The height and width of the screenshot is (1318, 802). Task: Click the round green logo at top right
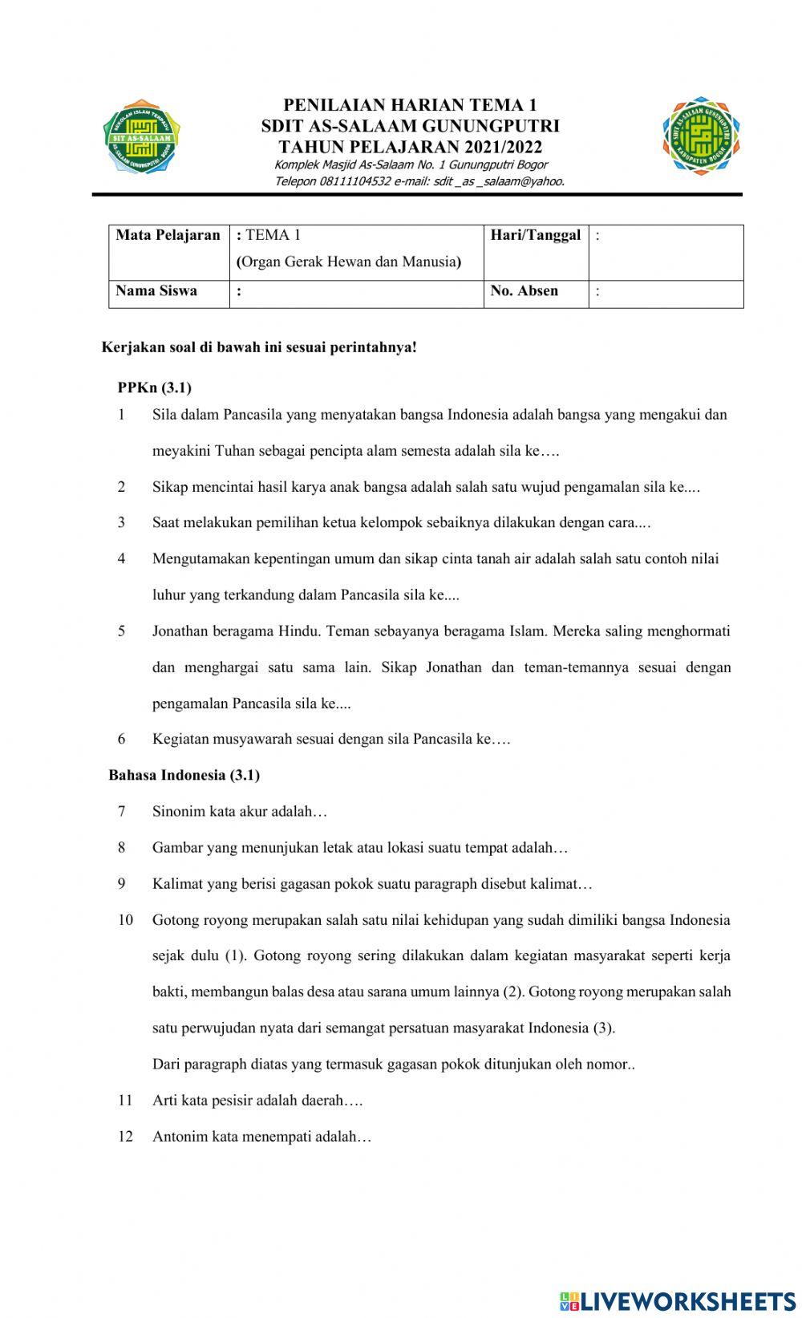701,136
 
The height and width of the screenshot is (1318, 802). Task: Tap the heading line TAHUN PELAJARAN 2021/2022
410,147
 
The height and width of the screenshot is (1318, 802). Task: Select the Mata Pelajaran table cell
168,236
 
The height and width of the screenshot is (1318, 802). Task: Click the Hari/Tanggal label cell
536,236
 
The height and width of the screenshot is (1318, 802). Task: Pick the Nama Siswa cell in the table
156,291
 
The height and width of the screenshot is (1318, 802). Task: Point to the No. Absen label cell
525,291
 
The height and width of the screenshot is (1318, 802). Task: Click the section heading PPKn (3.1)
154,387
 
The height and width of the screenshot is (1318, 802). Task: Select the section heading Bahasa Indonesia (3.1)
184,775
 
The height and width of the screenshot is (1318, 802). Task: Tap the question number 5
121,631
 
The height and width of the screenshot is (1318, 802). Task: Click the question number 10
125,920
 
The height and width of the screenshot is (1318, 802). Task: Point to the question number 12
125,1137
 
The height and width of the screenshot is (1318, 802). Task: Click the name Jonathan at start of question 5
180,631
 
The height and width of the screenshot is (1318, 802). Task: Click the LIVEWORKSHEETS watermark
678,1300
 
